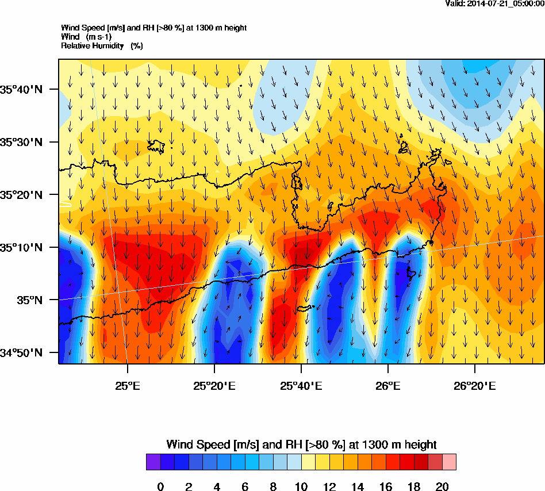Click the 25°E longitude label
127,385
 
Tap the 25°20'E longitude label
214,385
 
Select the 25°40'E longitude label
301,385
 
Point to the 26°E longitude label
388,385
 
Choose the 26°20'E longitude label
475,385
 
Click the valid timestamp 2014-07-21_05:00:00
495,3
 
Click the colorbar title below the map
301,444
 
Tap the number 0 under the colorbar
160,487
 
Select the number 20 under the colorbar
442,487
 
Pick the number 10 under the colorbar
301,487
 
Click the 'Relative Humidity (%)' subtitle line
102,45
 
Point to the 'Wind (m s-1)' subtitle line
86,37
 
